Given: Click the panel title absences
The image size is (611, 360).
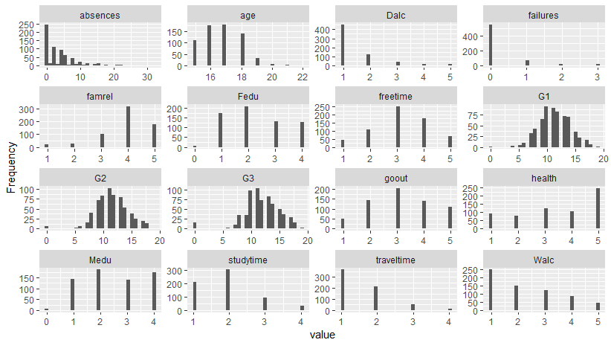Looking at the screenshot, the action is (100, 15).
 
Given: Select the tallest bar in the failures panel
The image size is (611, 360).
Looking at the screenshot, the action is (490, 45).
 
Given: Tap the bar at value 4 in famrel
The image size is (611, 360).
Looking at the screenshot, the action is (128, 126).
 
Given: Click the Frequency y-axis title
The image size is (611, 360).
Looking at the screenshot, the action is (11, 167).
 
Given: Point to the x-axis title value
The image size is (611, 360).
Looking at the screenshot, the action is (323, 335).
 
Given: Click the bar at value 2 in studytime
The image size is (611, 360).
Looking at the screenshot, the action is (228, 290).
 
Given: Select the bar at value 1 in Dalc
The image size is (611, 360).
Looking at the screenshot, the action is (343, 45).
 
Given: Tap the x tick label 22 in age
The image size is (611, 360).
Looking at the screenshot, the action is (303, 77).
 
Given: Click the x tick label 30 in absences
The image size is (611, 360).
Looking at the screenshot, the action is (147, 77).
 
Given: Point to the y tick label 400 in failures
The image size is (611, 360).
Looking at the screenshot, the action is (470, 36).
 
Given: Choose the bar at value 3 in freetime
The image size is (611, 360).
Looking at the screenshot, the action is (398, 126).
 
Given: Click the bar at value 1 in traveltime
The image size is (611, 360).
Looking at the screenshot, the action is (343, 290).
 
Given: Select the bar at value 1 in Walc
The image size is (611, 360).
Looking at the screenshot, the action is (491, 290).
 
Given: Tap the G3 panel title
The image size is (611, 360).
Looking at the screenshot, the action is (248, 179).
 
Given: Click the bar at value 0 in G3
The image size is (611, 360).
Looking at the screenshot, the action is (195, 225).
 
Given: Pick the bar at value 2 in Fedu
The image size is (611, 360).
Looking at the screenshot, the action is (246, 126).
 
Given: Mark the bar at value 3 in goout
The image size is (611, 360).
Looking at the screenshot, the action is (398, 208).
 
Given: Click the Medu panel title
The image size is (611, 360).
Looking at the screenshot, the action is (100, 260).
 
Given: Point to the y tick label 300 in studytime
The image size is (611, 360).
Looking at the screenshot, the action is (174, 271).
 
